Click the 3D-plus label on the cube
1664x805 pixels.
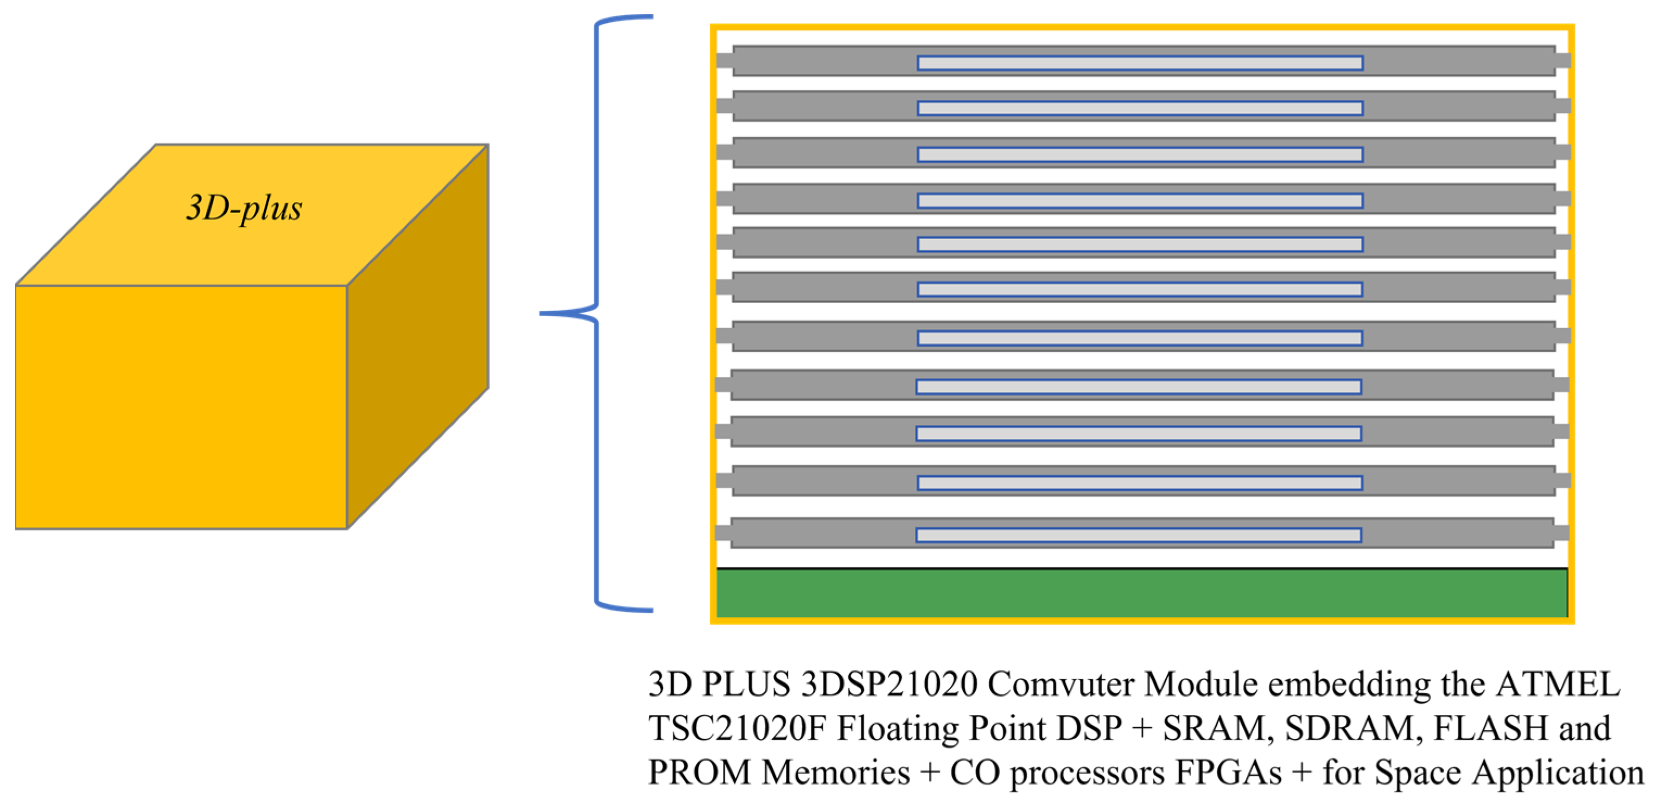244,208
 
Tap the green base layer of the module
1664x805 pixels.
1141,592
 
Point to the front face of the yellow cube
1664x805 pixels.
181,407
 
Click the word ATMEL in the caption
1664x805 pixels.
1558,684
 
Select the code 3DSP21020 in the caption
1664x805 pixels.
889,684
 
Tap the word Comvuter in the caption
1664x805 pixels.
1060,684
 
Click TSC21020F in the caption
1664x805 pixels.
737,728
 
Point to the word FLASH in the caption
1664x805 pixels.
1490,728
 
